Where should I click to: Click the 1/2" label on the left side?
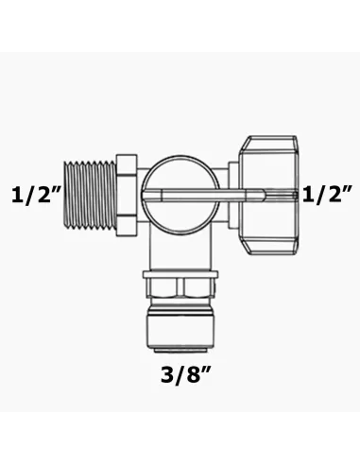pos(35,196)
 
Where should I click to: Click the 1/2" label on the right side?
pos(328,196)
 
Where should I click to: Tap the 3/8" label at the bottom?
pos(185,375)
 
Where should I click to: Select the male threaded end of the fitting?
pos(91,196)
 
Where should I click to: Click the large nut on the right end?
pos(267,196)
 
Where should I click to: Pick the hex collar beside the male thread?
pos(127,196)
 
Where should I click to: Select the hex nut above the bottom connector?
pos(180,287)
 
